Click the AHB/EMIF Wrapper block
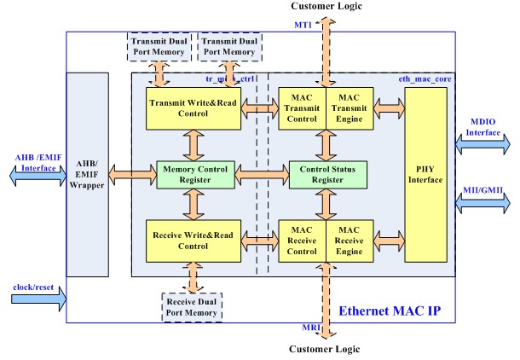click(x=88, y=174)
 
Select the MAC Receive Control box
click(x=303, y=240)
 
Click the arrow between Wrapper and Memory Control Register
click(x=131, y=174)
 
